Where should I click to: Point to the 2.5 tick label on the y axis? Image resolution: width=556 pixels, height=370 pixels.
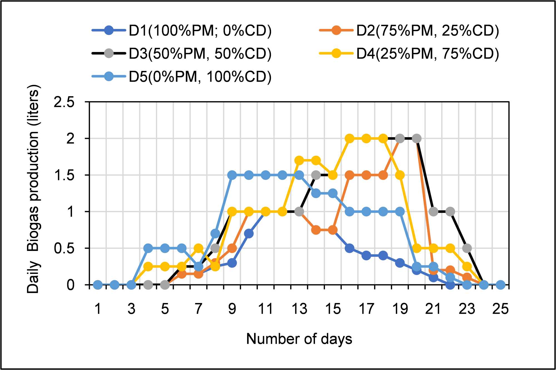[x=64, y=102]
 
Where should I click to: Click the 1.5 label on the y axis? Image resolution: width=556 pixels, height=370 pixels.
[x=64, y=175]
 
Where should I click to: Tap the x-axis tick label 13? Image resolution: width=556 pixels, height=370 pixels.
[x=299, y=309]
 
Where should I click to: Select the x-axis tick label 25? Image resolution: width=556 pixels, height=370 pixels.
[x=500, y=309]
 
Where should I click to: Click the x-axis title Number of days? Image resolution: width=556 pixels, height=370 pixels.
[x=299, y=339]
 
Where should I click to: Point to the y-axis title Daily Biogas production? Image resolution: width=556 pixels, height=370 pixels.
[x=34, y=189]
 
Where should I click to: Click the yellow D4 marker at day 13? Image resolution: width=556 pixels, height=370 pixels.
[x=299, y=161]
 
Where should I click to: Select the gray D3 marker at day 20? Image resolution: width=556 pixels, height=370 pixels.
[x=416, y=138]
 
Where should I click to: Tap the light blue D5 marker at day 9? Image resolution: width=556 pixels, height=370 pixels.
[x=232, y=175]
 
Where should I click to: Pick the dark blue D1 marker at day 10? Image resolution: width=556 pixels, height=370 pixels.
[x=249, y=234]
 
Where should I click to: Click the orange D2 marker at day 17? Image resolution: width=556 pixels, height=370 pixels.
[x=366, y=175]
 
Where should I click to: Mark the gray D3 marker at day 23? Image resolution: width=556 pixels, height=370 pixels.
[x=467, y=248]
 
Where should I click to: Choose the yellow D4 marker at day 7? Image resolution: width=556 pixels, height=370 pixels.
[x=198, y=248]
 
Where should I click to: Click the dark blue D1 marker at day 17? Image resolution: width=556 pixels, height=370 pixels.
[x=366, y=255]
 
